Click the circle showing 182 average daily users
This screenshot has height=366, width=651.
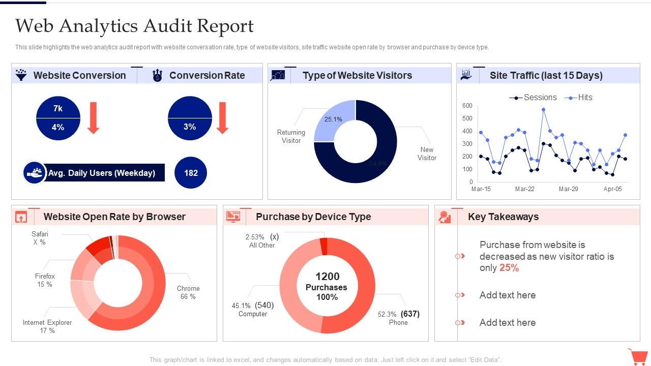pyautogui.click(x=191, y=173)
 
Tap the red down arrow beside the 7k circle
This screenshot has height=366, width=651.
pyautogui.click(x=93, y=118)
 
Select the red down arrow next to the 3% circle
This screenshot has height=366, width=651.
pyautogui.click(x=222, y=118)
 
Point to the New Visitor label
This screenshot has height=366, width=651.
pyautogui.click(x=427, y=154)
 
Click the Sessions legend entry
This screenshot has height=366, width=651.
pyautogui.click(x=533, y=98)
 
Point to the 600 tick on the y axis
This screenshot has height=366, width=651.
pyautogui.click(x=467, y=106)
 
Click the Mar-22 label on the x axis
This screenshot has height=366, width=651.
pyautogui.click(x=524, y=189)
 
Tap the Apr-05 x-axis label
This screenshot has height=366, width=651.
pyautogui.click(x=612, y=189)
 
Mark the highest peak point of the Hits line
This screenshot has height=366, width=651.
pyautogui.click(x=543, y=109)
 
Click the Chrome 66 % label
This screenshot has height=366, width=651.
pyautogui.click(x=188, y=292)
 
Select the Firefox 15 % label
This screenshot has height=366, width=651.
pyautogui.click(x=45, y=280)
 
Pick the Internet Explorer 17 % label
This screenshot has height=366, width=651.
pyautogui.click(x=47, y=326)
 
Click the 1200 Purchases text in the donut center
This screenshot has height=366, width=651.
pyautogui.click(x=327, y=282)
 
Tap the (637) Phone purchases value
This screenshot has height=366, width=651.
pyautogui.click(x=410, y=314)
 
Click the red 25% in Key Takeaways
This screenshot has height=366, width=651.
pyautogui.click(x=509, y=268)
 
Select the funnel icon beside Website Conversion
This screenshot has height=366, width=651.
pyautogui.click(x=21, y=75)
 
